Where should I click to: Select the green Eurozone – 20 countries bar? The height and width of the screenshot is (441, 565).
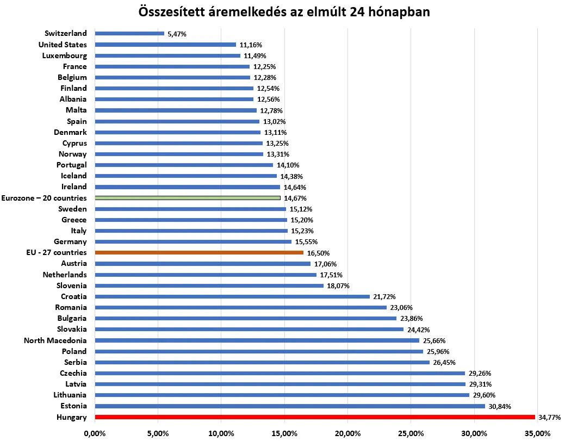pyautogui.click(x=188, y=198)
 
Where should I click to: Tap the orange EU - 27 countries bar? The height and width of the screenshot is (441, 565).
pyautogui.click(x=199, y=252)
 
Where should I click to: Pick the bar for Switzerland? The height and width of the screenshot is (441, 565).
pyautogui.click(x=129, y=33)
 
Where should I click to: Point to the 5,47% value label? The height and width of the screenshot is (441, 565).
pyautogui.click(x=177, y=34)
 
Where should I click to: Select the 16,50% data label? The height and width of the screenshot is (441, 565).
pyautogui.click(x=318, y=253)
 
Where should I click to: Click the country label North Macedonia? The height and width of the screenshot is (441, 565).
pyautogui.click(x=55, y=340)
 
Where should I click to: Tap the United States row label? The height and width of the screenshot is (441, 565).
pyautogui.click(x=63, y=45)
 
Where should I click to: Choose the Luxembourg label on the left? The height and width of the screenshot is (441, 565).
pyautogui.click(x=64, y=55)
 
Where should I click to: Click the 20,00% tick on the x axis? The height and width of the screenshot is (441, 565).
pyautogui.click(x=347, y=433)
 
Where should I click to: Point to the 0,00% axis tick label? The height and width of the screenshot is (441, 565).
pyautogui.click(x=95, y=433)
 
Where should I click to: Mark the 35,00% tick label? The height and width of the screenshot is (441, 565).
pyautogui.click(x=537, y=433)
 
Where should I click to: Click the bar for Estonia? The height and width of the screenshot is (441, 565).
pyautogui.click(x=289, y=406)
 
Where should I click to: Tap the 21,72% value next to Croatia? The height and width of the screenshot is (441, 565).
pyautogui.click(x=384, y=297)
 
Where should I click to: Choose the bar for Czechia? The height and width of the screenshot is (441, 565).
pyautogui.click(x=280, y=373)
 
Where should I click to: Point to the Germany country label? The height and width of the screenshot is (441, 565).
pyautogui.click(x=70, y=241)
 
